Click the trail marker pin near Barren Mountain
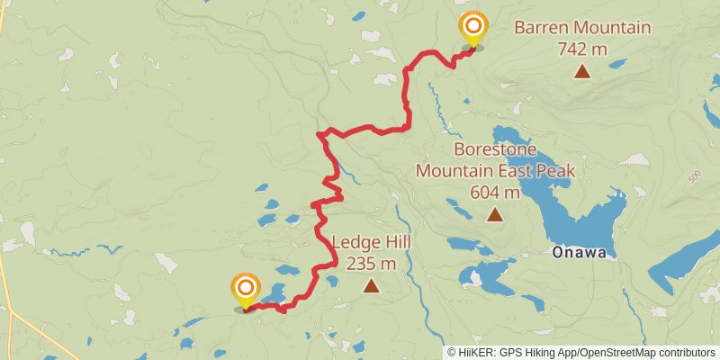pos(472,29)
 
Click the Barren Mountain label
pos(582,28)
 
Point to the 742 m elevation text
pos(582,49)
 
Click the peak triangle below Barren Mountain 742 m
pos(582,71)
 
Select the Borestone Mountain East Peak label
pos(495,159)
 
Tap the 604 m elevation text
pos(495,192)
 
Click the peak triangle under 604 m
pos(495,214)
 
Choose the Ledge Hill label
pos(370,242)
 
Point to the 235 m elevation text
pos(370,264)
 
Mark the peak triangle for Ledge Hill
pos(370,286)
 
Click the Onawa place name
pos(577,255)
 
